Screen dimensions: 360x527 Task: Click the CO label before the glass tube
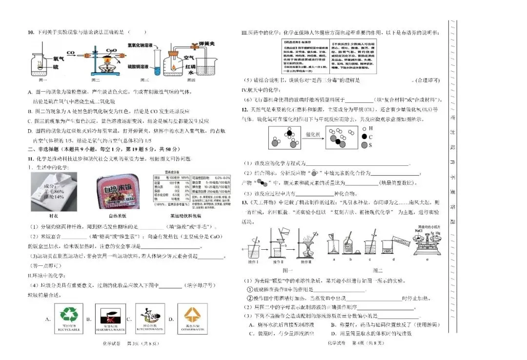pos(71,53)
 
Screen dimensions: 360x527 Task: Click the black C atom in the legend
pos(364,137)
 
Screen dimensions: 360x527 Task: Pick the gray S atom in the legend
pos(364,145)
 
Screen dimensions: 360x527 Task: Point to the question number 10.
pos(30,33)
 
